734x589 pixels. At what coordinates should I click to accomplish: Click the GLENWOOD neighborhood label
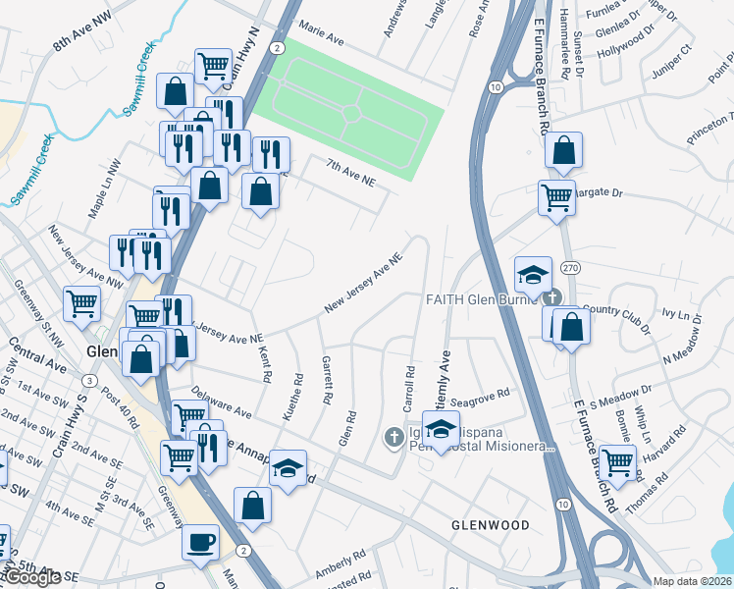tap(490, 525)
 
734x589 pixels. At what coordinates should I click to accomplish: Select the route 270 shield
tap(568, 268)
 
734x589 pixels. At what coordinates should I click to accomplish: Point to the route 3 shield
tap(89, 380)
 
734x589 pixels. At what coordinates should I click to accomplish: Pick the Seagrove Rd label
tap(486, 394)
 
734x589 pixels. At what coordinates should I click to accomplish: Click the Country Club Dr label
tap(618, 310)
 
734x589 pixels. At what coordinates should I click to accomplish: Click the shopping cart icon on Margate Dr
tap(556, 196)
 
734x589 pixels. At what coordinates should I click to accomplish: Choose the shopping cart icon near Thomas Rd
tap(617, 461)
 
